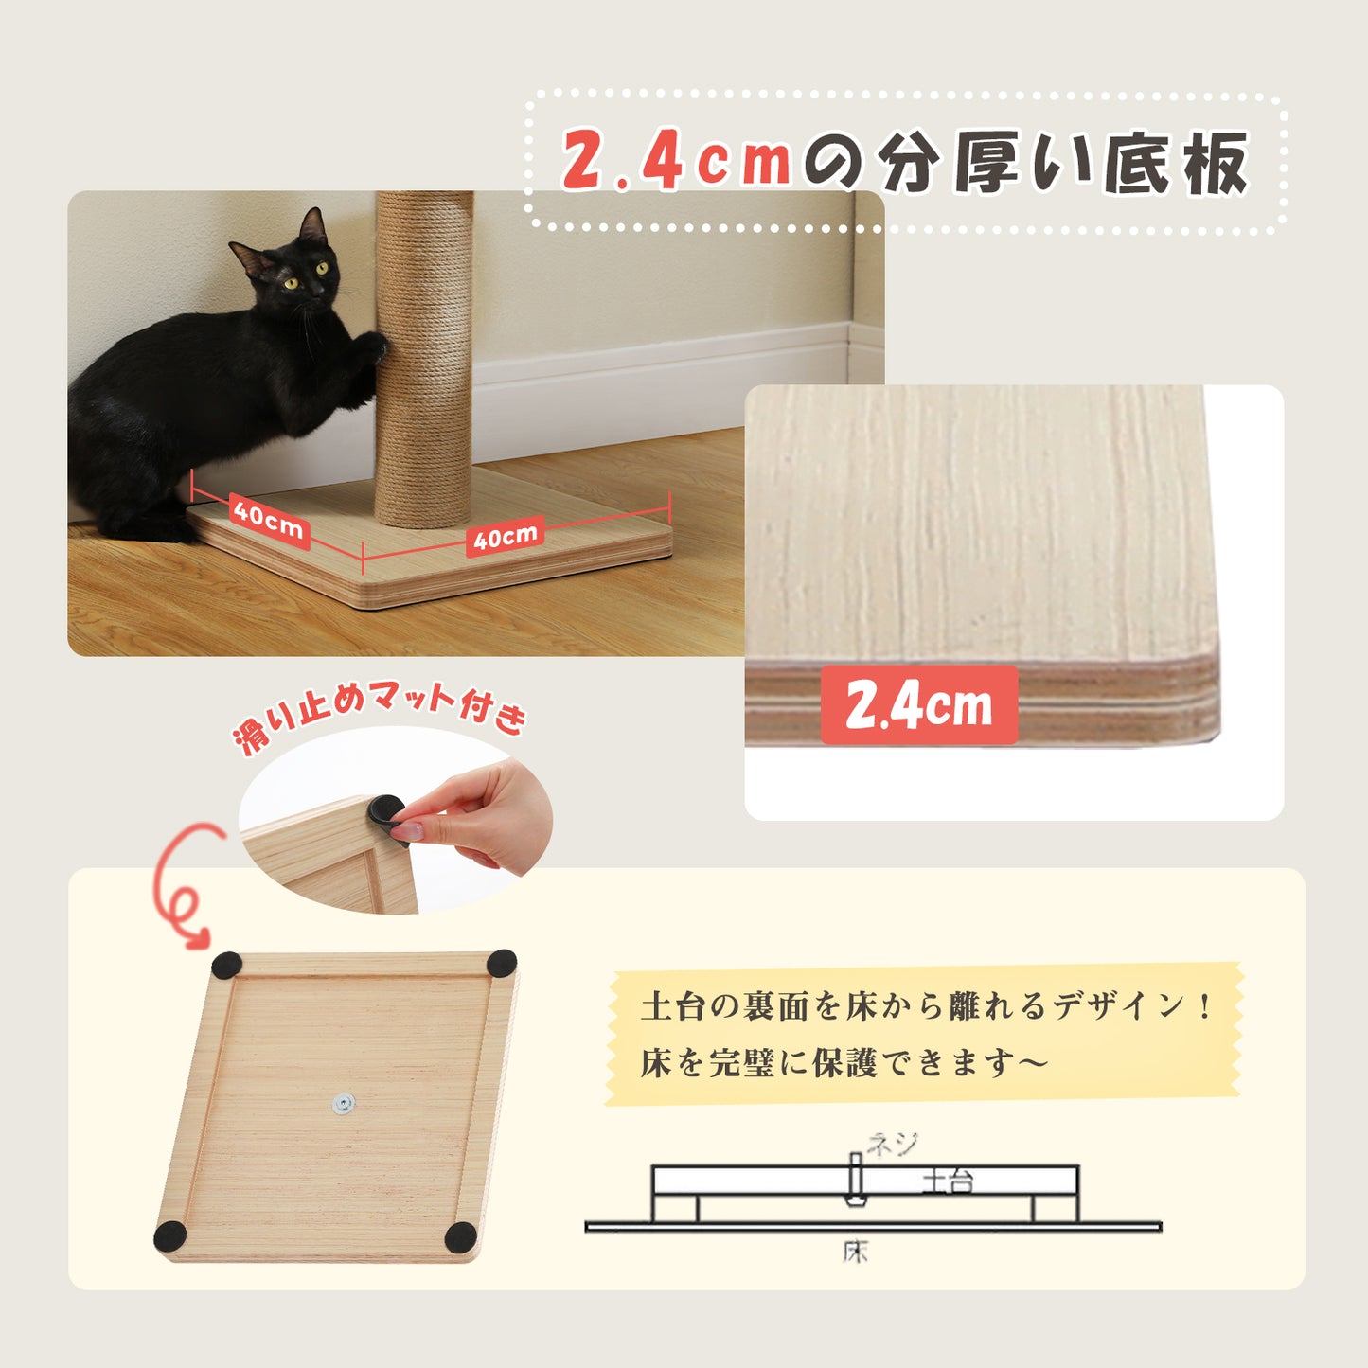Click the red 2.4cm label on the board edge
[919, 705]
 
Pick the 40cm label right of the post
[506, 537]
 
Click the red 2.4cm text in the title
[676, 160]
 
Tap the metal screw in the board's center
[344, 1104]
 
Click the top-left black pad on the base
[227, 967]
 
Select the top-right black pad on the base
[501, 964]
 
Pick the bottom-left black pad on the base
[170, 1236]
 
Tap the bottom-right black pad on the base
[460, 1236]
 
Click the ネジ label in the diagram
[893, 1144]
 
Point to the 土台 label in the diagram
[948, 1182]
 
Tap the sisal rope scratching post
[424, 359]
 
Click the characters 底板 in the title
[1176, 163]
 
